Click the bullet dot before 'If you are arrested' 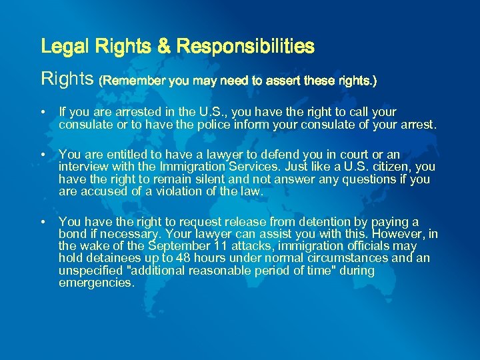point(43,113)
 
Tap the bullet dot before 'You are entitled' point(43,155)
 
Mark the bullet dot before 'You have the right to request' point(43,221)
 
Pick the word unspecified point(89,271)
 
